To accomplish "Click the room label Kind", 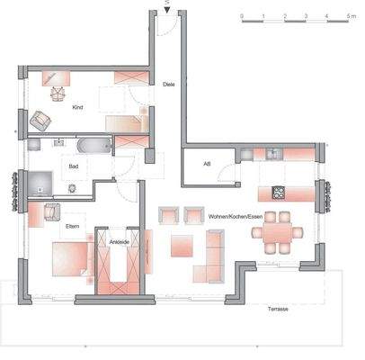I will point(77,108).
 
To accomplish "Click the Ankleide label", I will point(117,242).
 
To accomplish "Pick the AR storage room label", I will point(207,165).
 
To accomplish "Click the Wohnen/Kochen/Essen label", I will point(235,217).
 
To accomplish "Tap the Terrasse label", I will point(276,309).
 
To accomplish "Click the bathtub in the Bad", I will point(93,146).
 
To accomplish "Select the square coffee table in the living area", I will point(182,244).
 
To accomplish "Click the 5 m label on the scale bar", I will point(350,16).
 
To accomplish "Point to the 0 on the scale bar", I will point(242,16).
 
